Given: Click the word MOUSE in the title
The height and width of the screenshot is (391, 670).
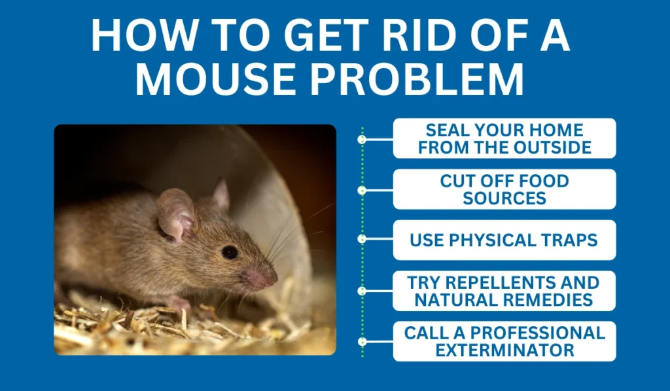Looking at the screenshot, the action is (x=215, y=79).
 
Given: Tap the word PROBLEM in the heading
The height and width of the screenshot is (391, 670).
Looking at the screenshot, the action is (x=417, y=79).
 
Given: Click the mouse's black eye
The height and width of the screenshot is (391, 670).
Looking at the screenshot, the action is (x=230, y=252).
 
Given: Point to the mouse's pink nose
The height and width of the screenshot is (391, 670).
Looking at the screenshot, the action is (x=262, y=278).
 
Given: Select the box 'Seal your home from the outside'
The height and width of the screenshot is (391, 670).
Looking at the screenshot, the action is (x=504, y=139).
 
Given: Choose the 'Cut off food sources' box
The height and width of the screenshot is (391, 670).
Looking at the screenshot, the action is (x=504, y=189).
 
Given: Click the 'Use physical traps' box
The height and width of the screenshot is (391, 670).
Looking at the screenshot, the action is (x=504, y=240).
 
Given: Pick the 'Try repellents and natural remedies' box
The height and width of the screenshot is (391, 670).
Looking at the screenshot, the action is (x=504, y=291).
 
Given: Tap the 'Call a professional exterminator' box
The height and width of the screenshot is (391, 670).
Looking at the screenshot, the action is (x=504, y=341).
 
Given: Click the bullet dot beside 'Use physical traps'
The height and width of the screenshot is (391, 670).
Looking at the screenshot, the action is (x=362, y=239).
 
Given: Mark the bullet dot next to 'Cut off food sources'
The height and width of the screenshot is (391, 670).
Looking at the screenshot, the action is (x=362, y=191).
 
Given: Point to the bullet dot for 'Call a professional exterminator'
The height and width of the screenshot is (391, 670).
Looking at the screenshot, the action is (x=362, y=342).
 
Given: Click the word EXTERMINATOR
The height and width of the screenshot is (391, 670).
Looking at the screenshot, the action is (x=504, y=350).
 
